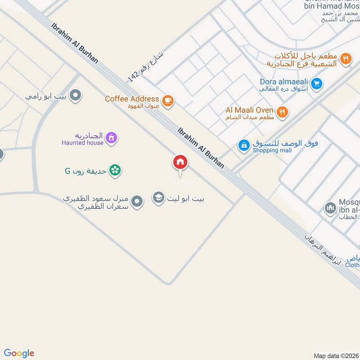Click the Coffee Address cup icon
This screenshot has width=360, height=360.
(x=168, y=101)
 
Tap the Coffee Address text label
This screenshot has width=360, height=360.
(x=132, y=99)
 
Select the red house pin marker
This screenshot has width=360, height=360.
(x=180, y=162)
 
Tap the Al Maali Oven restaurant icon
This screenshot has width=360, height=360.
(x=282, y=112)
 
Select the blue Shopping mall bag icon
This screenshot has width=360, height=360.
(x=243, y=145)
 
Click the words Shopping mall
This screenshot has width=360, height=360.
(x=272, y=150)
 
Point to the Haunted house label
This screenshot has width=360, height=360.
(x=83, y=143)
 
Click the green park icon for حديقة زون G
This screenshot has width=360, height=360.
(x=115, y=171)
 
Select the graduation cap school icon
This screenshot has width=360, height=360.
(x=158, y=198)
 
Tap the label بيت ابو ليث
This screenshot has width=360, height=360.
(x=185, y=198)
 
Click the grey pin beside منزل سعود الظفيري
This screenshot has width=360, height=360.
(x=137, y=202)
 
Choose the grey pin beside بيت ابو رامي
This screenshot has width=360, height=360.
(x=76, y=95)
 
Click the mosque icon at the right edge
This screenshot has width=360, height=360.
(x=330, y=208)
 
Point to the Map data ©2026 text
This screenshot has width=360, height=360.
(x=335, y=356)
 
